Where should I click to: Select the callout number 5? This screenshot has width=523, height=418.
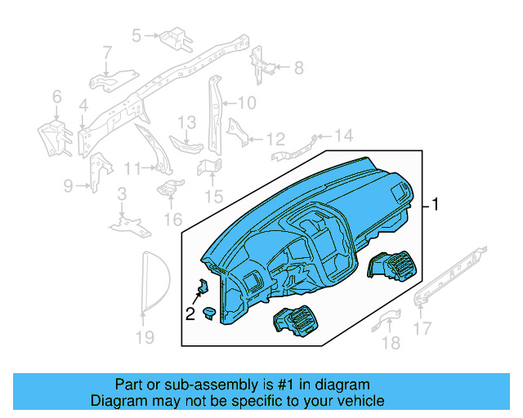tap(136, 35)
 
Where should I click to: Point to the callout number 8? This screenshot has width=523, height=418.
tap(298, 67)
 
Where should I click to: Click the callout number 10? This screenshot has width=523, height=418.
tap(247, 103)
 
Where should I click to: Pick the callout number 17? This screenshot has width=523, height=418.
tap(422, 329)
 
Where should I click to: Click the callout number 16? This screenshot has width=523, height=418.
tap(172, 219)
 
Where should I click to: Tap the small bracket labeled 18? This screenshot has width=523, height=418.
tap(386, 320)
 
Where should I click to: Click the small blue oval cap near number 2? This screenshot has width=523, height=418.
tap(210, 311)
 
